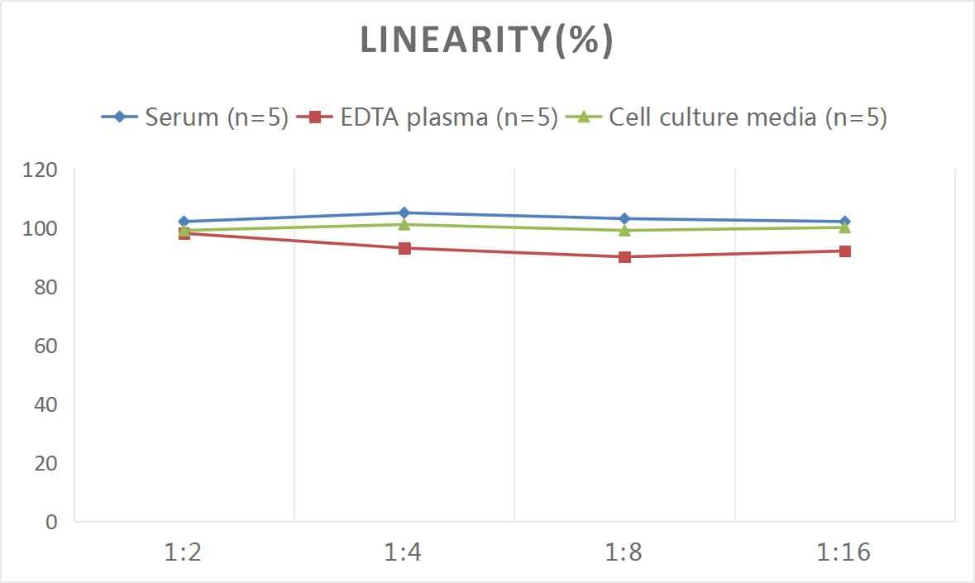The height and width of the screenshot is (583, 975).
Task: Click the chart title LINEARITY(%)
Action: [486, 41]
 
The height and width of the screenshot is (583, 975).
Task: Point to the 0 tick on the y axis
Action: [51, 522]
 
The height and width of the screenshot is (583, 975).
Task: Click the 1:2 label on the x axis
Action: [184, 552]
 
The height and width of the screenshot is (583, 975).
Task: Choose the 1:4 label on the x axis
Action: [404, 552]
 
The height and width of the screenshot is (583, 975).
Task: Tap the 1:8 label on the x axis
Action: [624, 552]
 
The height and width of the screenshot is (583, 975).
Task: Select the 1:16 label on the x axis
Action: [844, 552]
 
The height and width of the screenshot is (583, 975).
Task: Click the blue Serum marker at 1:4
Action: [404, 213]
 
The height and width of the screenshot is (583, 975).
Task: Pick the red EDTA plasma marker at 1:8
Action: [624, 257]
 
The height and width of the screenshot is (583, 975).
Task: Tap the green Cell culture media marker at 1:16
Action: [844, 227]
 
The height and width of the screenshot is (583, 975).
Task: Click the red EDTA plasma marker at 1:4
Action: [404, 248]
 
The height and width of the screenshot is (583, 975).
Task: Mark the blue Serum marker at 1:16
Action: [844, 222]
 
